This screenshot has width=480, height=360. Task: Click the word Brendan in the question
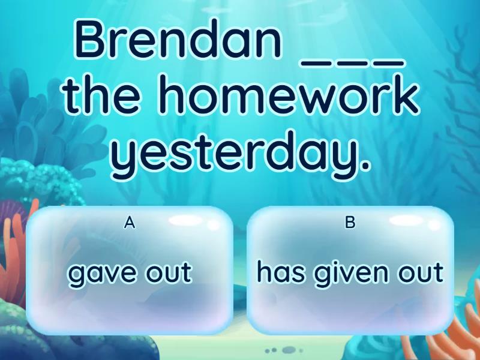coord(178,39)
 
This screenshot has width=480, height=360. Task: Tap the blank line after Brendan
coord(353,63)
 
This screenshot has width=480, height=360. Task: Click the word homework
coord(288,94)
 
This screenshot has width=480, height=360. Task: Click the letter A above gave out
coord(130,223)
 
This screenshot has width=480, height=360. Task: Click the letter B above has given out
coord(350,223)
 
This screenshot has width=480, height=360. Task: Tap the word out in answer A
coord(169,272)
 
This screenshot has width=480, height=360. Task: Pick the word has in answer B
coord(281,271)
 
